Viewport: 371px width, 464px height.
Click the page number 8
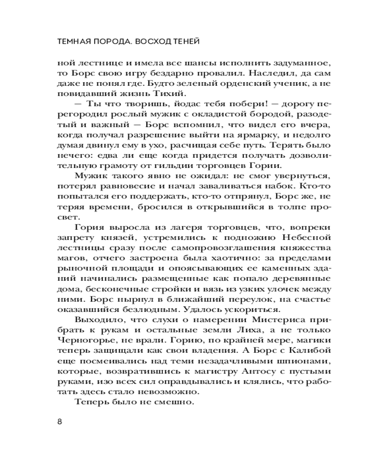[x=59, y=422]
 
